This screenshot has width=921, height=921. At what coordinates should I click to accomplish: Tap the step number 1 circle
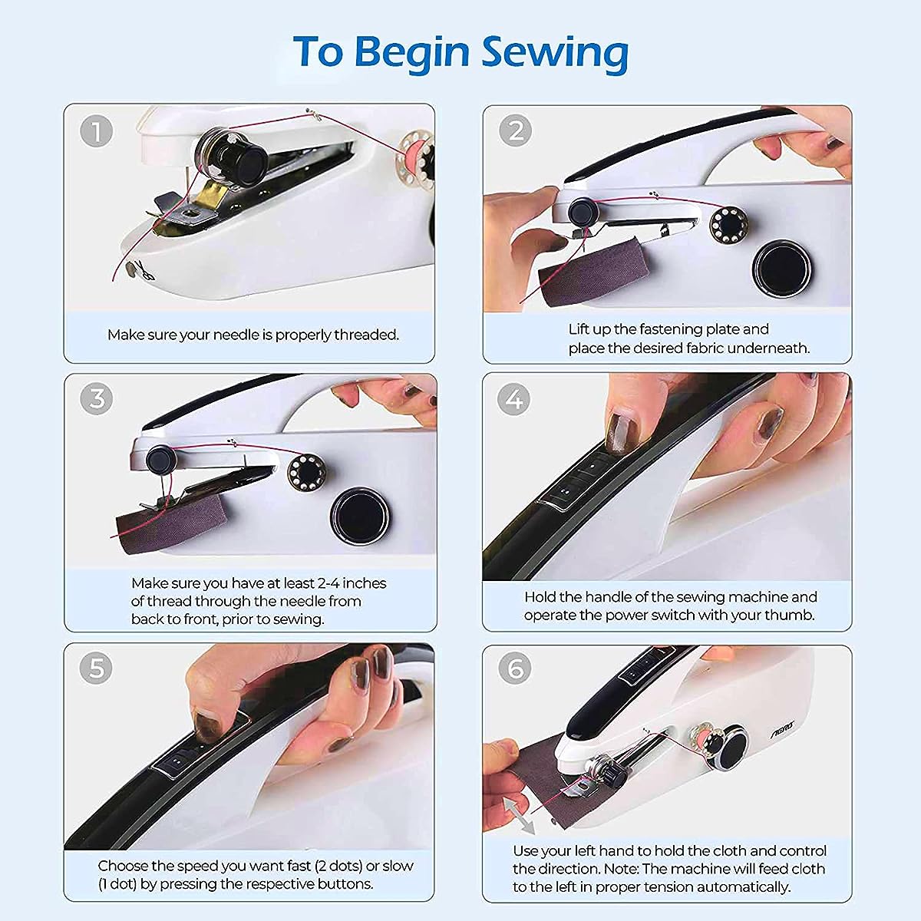click(96, 130)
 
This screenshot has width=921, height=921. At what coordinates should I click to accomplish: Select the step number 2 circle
click(515, 130)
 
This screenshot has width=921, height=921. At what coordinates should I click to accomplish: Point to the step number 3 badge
click(96, 398)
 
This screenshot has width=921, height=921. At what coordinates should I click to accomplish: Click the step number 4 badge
click(513, 398)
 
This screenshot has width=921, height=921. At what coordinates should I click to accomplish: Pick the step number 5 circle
click(96, 668)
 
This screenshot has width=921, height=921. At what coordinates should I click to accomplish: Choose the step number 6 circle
click(515, 668)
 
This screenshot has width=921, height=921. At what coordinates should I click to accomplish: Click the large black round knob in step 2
click(782, 268)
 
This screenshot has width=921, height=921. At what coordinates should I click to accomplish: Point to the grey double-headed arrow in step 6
click(519, 817)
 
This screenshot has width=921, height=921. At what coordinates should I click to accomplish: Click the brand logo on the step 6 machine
click(782, 731)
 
